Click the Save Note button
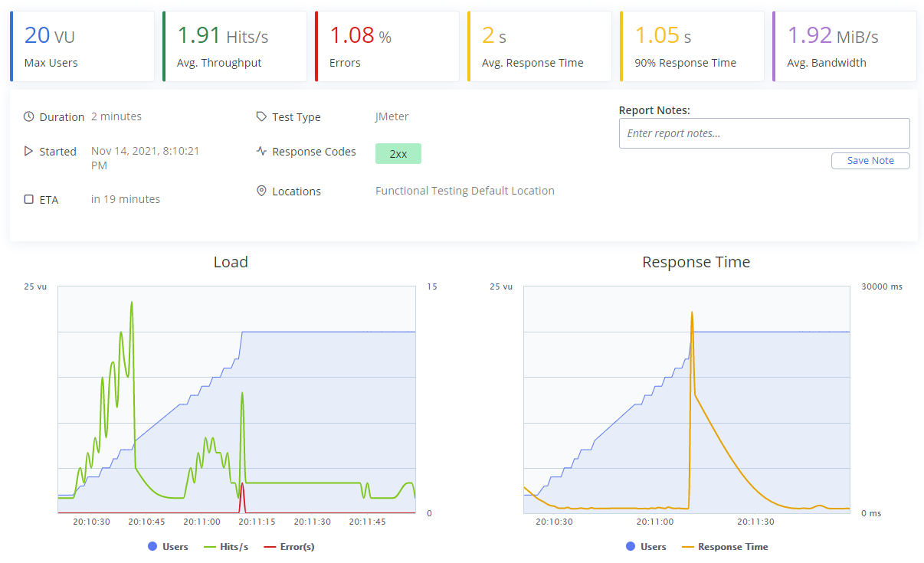click(x=870, y=161)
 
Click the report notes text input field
click(x=764, y=133)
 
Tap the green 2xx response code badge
click(x=398, y=153)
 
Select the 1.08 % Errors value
click(x=360, y=36)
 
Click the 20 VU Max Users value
click(x=50, y=36)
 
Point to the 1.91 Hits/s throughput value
click(x=222, y=36)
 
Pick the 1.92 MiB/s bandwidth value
click(x=833, y=36)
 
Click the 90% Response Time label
click(x=685, y=63)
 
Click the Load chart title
click(x=231, y=262)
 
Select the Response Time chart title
click(x=696, y=262)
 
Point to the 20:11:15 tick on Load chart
click(x=257, y=522)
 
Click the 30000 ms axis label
click(x=882, y=286)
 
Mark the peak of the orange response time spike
click(x=692, y=313)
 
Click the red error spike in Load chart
click(x=242, y=485)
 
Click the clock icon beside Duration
click(x=29, y=117)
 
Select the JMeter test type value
click(x=392, y=117)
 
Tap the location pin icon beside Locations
click(x=261, y=191)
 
